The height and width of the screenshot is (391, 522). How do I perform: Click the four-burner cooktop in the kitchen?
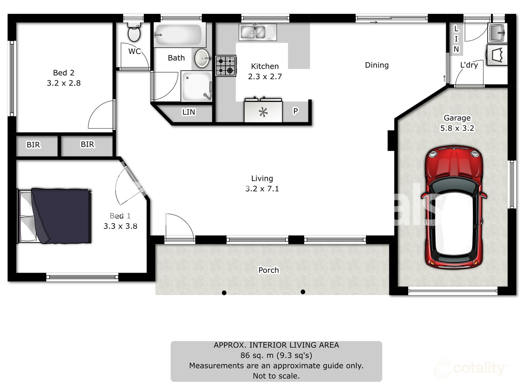click(226, 66)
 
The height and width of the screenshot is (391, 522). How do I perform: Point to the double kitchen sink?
click(258, 32)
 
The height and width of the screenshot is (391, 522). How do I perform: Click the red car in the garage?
click(454, 207)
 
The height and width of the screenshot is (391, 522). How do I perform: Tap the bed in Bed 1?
click(54, 216)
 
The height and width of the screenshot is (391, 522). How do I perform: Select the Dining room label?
click(377, 65)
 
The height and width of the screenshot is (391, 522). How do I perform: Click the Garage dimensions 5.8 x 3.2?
click(457, 128)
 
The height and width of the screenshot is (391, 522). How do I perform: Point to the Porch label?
click(269, 270)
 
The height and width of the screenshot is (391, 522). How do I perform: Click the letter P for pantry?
click(295, 111)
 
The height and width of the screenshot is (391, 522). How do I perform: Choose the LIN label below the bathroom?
click(189, 112)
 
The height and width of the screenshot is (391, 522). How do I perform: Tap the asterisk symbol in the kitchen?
click(263, 112)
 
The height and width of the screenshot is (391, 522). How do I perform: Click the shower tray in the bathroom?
click(197, 86)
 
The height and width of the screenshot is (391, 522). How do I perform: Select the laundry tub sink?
click(497, 33)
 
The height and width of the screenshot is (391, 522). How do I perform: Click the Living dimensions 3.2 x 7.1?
click(262, 189)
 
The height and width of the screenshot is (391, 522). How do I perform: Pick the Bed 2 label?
click(63, 73)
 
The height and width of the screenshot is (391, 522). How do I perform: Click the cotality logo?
click(470, 368)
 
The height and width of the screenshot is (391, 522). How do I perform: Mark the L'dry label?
click(469, 65)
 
